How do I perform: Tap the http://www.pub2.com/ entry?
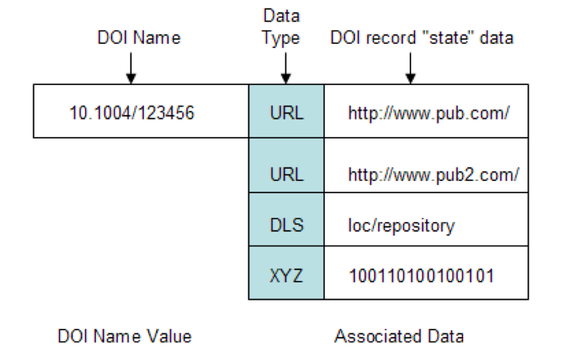[433, 175]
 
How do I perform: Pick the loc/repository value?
[401, 226]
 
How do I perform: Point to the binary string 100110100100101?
[421, 276]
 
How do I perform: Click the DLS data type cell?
[286, 226]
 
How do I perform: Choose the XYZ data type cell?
[286, 276]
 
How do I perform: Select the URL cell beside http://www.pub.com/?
[286, 113]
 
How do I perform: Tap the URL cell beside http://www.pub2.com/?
[286, 175]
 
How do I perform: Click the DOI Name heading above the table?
[139, 38]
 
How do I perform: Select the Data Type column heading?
[280, 27]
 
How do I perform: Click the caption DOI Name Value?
[124, 336]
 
